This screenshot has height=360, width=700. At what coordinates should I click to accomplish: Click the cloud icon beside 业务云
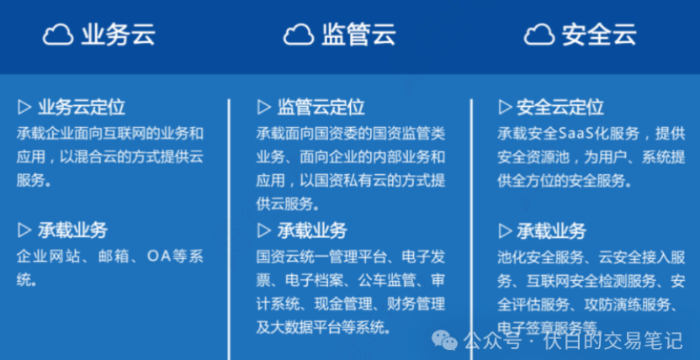tap(58, 34)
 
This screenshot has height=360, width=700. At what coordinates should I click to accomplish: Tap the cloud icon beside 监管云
tap(299, 34)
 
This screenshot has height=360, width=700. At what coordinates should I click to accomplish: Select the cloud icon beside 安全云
tap(539, 34)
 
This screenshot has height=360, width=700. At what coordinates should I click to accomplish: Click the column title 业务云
tap(119, 34)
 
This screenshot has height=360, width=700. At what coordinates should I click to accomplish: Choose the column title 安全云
tap(599, 34)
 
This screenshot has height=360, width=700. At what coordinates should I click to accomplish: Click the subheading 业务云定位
tap(82, 108)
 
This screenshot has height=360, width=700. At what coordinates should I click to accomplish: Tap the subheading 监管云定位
tap(321, 108)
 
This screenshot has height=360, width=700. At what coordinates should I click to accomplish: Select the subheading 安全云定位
tap(560, 108)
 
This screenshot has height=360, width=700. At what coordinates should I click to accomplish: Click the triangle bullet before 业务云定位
tap(24, 108)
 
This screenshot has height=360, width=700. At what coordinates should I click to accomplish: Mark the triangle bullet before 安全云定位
tap(505, 108)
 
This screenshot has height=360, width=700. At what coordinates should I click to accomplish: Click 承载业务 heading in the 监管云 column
tap(312, 230)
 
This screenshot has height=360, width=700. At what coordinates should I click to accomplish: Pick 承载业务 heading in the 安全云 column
tap(552, 230)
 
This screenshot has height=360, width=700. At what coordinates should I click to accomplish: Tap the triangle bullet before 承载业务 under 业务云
tap(24, 230)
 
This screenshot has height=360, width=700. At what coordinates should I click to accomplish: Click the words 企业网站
tap(43, 256)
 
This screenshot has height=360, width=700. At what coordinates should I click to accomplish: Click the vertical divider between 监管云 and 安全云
tap(470, 219)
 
